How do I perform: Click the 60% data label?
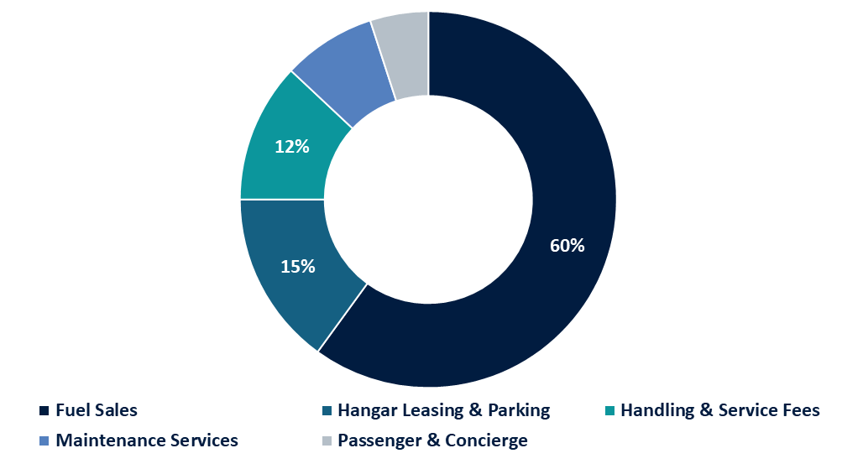567,246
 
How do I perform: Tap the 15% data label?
297,267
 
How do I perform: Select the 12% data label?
292,146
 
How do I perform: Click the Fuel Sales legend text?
97,410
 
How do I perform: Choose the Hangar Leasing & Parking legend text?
443,410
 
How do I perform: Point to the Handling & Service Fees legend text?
719,410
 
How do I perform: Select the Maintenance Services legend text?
147,440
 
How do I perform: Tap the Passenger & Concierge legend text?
432,440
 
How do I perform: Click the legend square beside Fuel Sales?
44,411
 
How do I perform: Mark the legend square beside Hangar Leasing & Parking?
327,411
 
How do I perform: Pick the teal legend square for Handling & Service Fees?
609,411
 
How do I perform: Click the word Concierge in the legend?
488,440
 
